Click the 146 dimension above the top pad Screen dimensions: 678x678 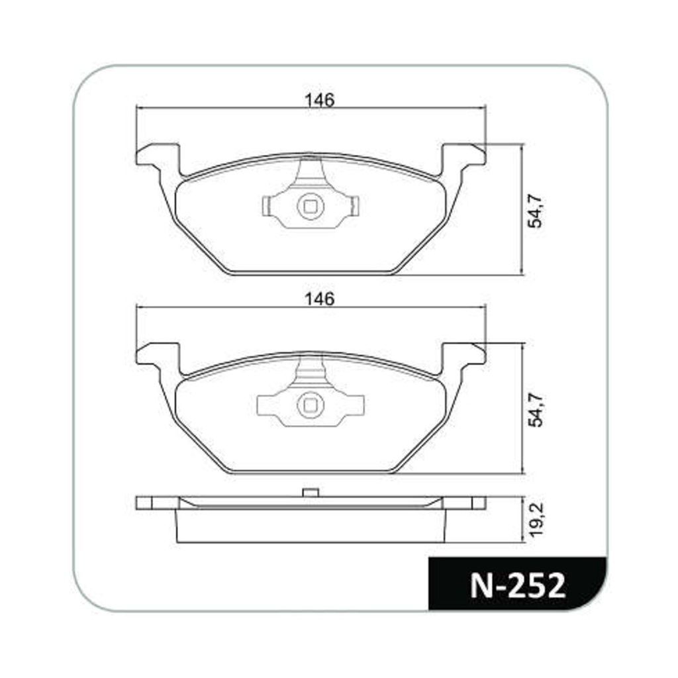pyautogui.click(x=320, y=101)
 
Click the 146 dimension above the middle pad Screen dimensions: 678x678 pyautogui.click(x=320, y=299)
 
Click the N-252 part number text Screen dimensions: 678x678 pyautogui.click(x=518, y=585)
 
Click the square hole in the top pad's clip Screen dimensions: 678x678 pyautogui.click(x=310, y=207)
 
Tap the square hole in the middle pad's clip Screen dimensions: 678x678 pyautogui.click(x=311, y=405)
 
